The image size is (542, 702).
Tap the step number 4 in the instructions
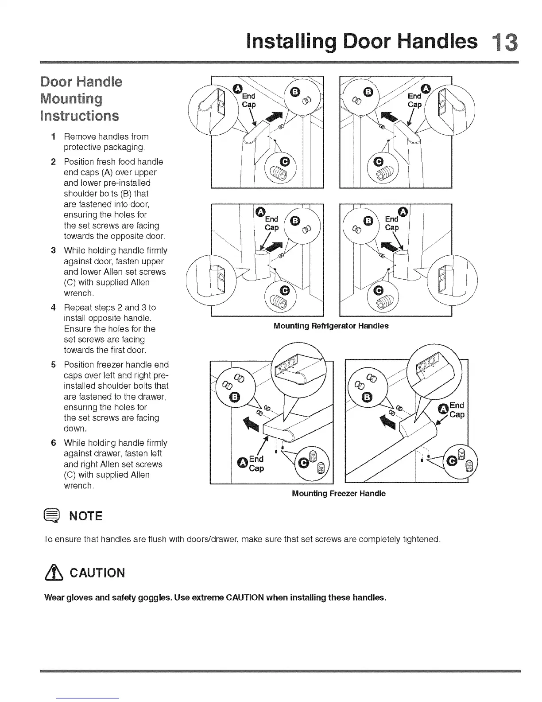(53, 308)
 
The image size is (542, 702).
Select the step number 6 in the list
(53, 443)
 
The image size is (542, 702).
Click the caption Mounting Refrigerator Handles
(331, 326)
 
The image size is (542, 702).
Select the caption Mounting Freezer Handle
(339, 493)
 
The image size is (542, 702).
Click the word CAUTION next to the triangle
(98, 573)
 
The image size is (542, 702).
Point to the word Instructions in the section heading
(80, 116)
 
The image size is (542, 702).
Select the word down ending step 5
(74, 429)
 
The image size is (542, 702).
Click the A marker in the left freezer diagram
(241, 464)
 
